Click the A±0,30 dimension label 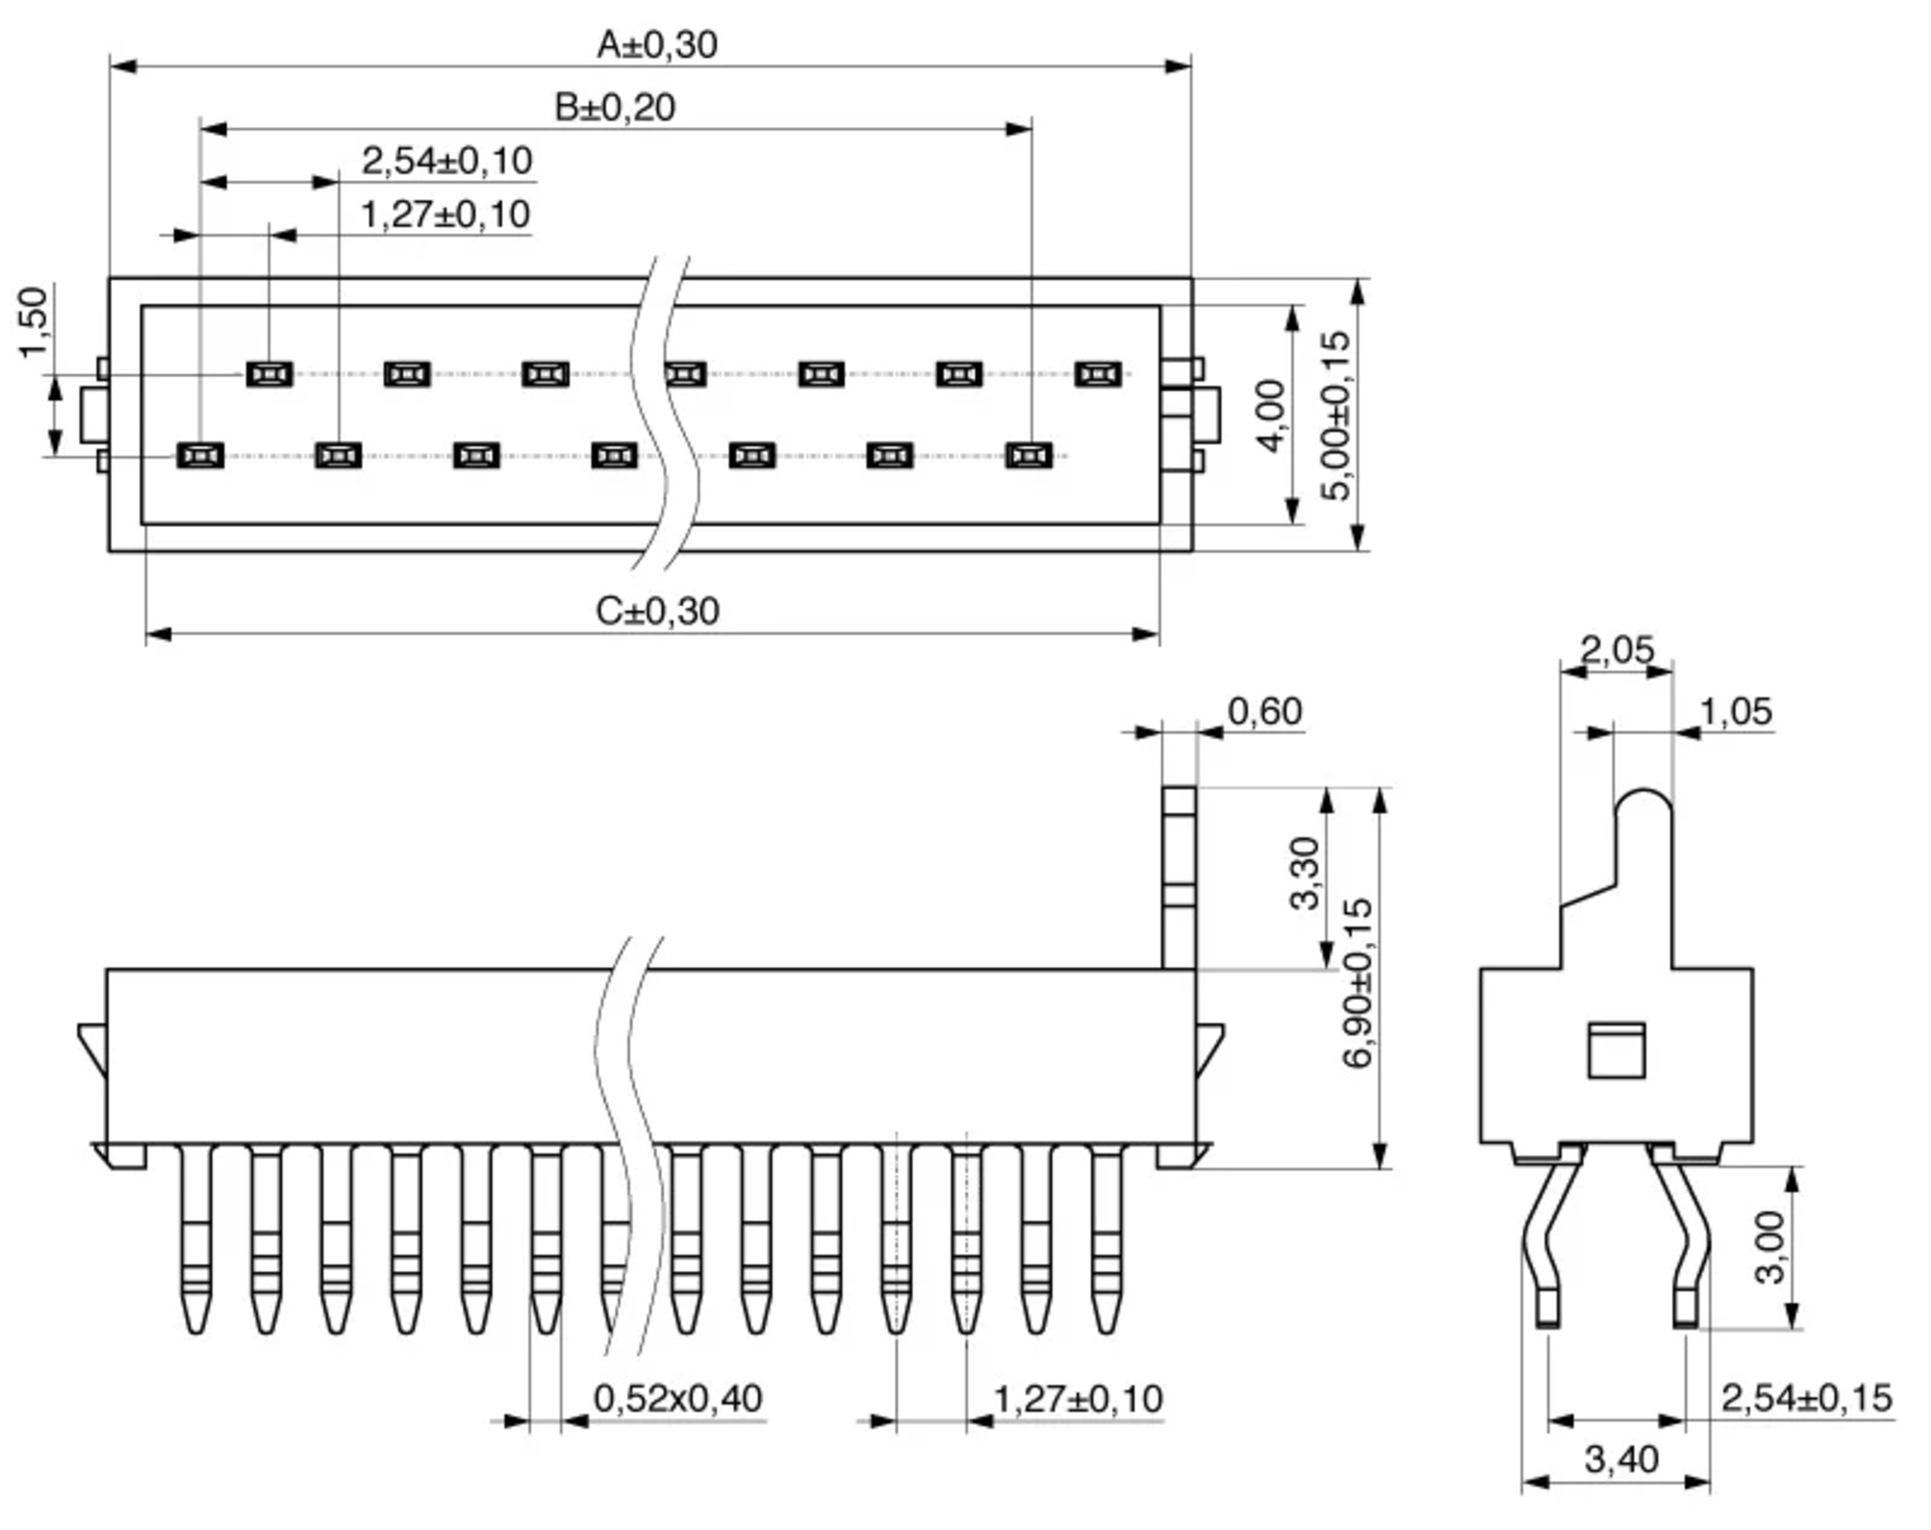pos(657,45)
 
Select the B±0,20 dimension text pos(615,108)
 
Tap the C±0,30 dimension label pos(657,611)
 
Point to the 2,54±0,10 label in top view pos(447,161)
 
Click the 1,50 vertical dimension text pos(34,323)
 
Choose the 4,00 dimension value pos(1270,417)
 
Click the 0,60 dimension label pos(1265,712)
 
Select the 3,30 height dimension pos(1304,873)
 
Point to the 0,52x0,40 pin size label pos(678,1398)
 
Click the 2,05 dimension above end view pos(1616,649)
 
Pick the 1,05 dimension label pos(1735,712)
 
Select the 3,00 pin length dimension pos(1771,1247)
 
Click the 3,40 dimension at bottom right pos(1622,1460)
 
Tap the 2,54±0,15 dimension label pos(1806,1398)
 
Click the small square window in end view pos(1616,1051)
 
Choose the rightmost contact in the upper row pos(1097,373)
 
